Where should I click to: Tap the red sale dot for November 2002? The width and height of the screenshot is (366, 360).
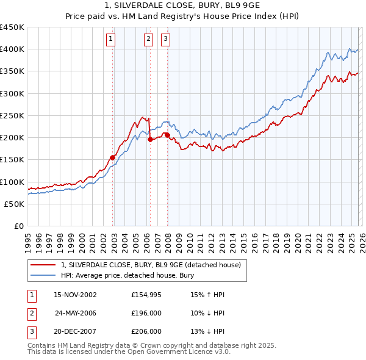113,157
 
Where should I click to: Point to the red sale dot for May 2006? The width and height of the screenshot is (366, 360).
151,139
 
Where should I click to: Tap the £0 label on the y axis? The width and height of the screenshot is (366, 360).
18,226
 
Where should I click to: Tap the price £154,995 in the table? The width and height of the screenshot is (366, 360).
146,295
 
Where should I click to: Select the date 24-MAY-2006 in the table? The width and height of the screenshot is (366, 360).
76,313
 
